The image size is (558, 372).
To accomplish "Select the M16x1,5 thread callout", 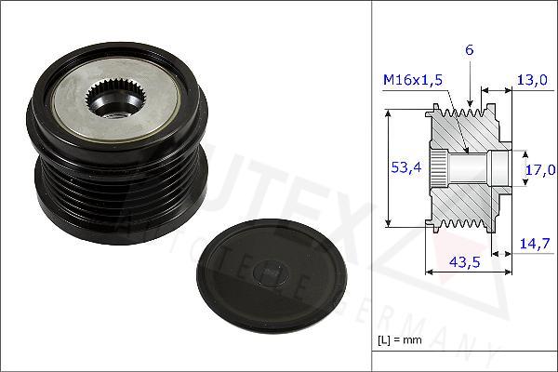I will (411, 81).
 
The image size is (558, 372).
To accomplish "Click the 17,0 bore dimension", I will (539, 169).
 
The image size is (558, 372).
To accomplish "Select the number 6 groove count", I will (470, 49).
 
